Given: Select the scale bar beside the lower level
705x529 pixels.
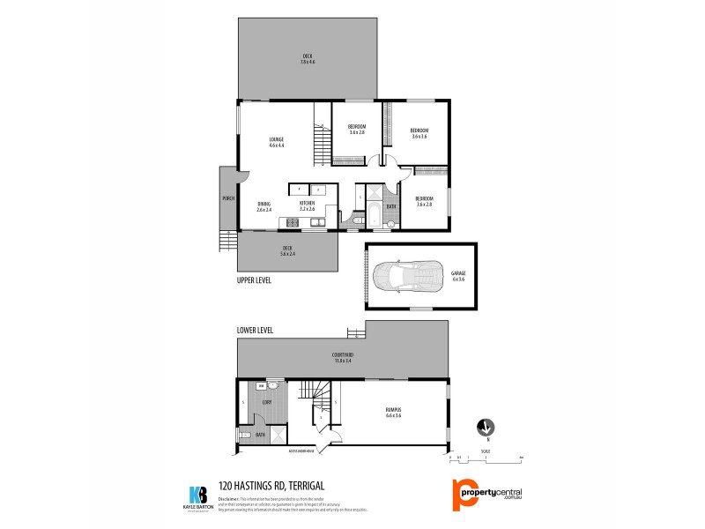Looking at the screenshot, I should [x=486, y=458].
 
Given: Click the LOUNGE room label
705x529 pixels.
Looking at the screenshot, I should [x=276, y=141].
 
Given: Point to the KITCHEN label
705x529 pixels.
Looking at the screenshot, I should [x=307, y=205].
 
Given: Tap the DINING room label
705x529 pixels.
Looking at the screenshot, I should [x=263, y=206].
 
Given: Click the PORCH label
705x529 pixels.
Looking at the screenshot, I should [x=227, y=197].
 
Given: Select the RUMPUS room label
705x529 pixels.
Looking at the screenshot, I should [x=393, y=412].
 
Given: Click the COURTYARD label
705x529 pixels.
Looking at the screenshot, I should [x=343, y=357].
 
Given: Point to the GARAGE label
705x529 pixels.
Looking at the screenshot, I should [x=457, y=275].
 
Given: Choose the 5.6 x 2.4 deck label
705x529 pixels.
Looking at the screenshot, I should [x=287, y=250].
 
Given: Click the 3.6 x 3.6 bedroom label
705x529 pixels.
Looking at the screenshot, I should [x=419, y=133].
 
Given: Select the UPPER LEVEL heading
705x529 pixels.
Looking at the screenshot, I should [x=254, y=280].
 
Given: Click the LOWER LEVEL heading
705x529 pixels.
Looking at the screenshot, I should [x=255, y=330].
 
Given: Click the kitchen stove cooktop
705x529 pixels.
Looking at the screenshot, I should [x=290, y=222].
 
